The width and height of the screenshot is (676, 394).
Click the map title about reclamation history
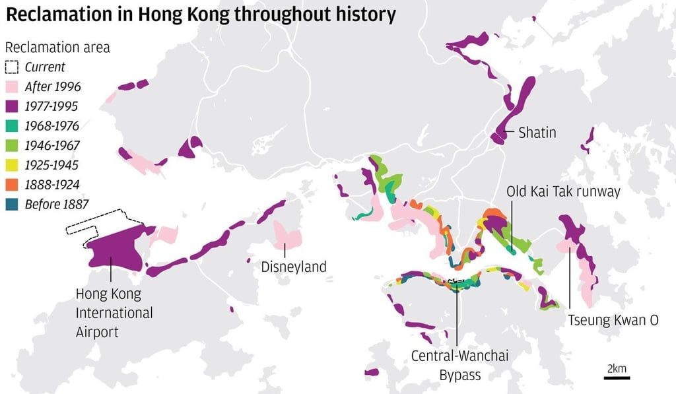click(201, 15)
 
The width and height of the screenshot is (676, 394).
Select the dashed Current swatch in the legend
click(12, 67)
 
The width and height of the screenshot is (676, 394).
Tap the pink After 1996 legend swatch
click(12, 86)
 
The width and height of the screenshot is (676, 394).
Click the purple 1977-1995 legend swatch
click(12, 106)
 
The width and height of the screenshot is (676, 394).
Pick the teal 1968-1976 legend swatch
click(12, 126)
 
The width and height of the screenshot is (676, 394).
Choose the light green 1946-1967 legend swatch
click(12, 145)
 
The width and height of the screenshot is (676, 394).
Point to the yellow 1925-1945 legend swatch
click(12, 165)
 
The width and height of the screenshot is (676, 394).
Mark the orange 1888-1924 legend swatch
click(12, 184)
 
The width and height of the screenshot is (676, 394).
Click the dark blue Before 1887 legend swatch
click(12, 204)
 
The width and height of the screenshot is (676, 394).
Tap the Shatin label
click(537, 133)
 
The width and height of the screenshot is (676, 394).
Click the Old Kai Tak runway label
click(563, 191)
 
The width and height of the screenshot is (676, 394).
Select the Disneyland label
click(294, 267)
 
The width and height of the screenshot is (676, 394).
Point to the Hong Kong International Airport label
click(114, 312)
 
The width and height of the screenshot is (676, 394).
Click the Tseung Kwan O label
click(613, 320)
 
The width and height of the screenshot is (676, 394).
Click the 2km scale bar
click(617, 378)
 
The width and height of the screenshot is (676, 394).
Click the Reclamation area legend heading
click(57, 48)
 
